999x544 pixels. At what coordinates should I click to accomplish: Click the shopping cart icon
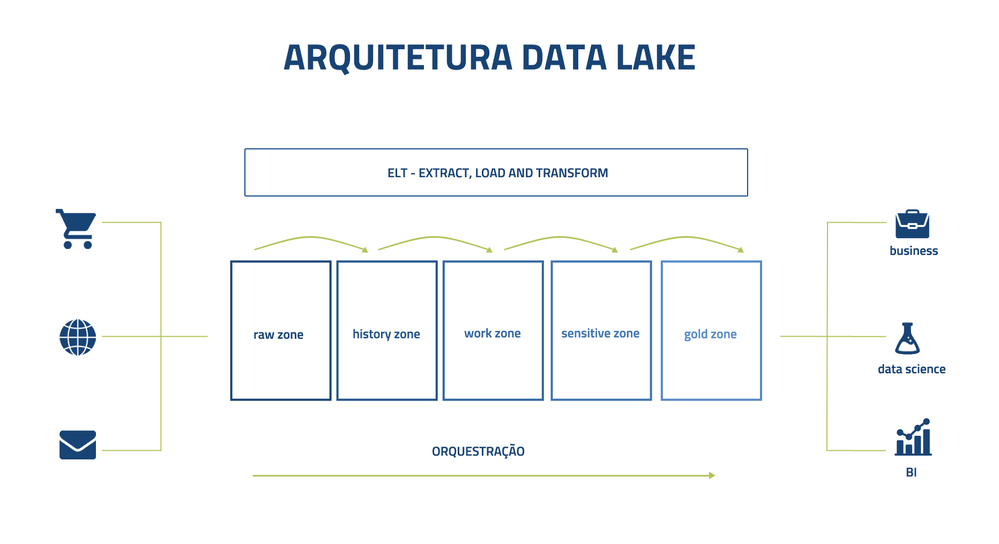pos(76,229)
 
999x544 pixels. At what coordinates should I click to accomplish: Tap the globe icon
pos(78,337)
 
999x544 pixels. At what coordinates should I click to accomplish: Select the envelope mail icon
pos(78,445)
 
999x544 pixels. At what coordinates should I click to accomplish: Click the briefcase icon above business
pos(912,224)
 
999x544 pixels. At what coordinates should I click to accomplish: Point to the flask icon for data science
pos(907,338)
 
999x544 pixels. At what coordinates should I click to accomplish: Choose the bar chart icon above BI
pos(913,437)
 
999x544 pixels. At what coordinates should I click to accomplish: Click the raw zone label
pos(278,335)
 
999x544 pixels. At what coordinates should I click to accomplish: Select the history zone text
pos(386,334)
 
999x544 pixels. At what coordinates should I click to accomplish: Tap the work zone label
pos(493,333)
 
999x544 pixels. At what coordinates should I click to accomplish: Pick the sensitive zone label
pos(600,333)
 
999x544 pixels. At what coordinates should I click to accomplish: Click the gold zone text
pos(710,334)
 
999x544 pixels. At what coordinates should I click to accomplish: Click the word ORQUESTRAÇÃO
pos(478,451)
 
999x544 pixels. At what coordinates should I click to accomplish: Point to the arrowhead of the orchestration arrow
pos(713,475)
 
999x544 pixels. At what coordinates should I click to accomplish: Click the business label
pos(914,251)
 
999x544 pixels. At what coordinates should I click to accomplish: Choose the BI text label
pos(911,472)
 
